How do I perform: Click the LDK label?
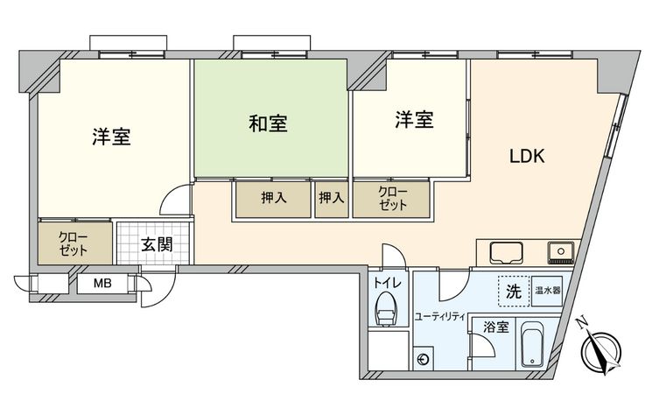(528, 157)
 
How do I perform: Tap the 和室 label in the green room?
(269, 123)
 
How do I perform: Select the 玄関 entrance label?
(157, 244)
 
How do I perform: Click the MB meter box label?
(103, 284)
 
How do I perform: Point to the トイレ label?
(384, 283)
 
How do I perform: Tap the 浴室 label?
(496, 327)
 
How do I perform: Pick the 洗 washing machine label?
(514, 292)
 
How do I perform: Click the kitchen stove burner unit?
(558, 253)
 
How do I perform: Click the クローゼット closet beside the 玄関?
(74, 243)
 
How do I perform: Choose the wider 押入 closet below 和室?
(273, 199)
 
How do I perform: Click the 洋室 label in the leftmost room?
(112, 137)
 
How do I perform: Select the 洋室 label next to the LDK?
(413, 120)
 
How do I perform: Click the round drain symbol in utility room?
(424, 358)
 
